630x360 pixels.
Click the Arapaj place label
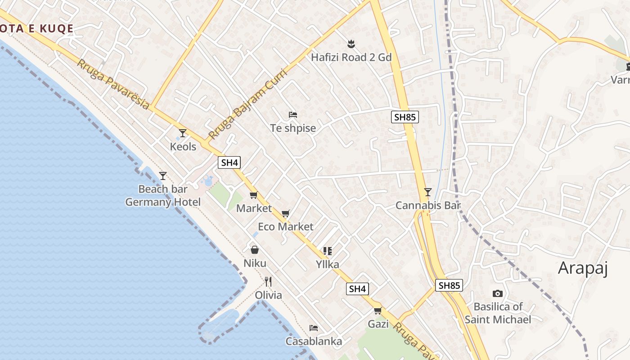tap(583, 268)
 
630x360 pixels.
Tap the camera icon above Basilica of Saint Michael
tap(497, 293)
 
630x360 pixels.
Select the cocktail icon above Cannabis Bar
tap(427, 192)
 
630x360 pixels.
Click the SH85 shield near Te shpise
tap(405, 117)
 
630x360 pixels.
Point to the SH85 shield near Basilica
tap(449, 285)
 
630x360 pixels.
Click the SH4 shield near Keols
tap(229, 162)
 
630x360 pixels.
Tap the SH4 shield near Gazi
tap(357, 289)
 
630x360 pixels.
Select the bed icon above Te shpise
tap(292, 115)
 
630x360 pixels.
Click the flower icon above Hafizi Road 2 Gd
tap(351, 44)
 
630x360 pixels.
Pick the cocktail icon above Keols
tap(183, 133)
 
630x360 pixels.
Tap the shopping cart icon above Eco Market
tap(285, 213)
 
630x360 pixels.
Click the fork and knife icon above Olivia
tap(268, 282)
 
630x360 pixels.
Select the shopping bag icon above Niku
tap(255, 250)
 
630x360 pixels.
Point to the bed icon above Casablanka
tap(314, 328)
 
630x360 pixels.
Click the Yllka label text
tap(327, 264)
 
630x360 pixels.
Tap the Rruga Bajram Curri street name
tap(247, 104)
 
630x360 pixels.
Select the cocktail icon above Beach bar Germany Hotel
tap(163, 175)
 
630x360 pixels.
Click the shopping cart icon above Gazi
tap(378, 310)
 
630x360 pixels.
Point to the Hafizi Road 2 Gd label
tap(351, 57)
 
